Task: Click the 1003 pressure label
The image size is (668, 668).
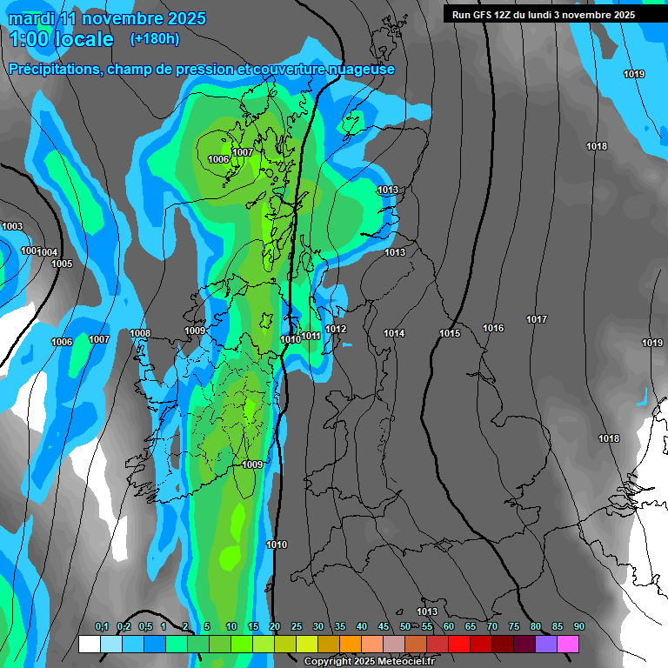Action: point(12,226)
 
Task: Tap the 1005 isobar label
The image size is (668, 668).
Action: point(62,264)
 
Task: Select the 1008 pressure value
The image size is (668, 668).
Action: point(140,333)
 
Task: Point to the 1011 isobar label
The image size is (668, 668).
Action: point(311,336)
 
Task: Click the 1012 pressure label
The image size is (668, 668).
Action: point(337,329)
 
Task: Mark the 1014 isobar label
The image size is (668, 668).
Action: point(394,333)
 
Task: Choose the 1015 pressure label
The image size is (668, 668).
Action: point(450,333)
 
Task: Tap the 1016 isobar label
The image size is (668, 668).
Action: point(493,328)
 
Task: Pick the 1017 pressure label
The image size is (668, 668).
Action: point(537,319)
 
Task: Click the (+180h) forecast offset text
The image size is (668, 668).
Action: point(155,38)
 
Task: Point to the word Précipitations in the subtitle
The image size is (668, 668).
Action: point(53,70)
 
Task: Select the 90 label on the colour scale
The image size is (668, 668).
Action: point(578,627)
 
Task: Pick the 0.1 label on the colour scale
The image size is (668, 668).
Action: point(102,627)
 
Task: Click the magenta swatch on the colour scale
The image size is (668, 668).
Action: point(568,645)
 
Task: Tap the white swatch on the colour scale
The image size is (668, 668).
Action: point(90,645)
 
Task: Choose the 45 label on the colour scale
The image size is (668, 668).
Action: point(384,627)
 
